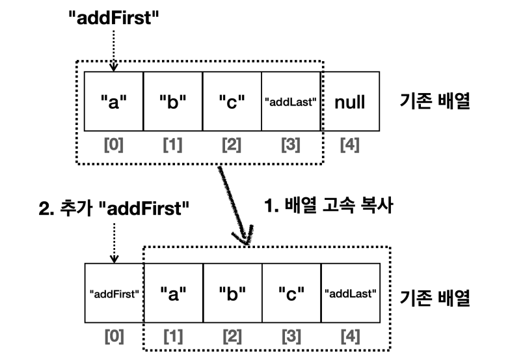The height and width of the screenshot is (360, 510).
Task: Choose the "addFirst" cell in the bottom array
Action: (x=114, y=294)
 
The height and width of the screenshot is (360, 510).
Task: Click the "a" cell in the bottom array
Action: (x=173, y=294)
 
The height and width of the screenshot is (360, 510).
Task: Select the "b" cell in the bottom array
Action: (x=232, y=294)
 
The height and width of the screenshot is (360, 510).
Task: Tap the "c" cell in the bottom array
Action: (x=291, y=294)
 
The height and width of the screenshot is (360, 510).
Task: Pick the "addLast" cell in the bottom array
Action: (x=351, y=294)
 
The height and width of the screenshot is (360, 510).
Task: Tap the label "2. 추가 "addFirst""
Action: (x=114, y=210)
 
